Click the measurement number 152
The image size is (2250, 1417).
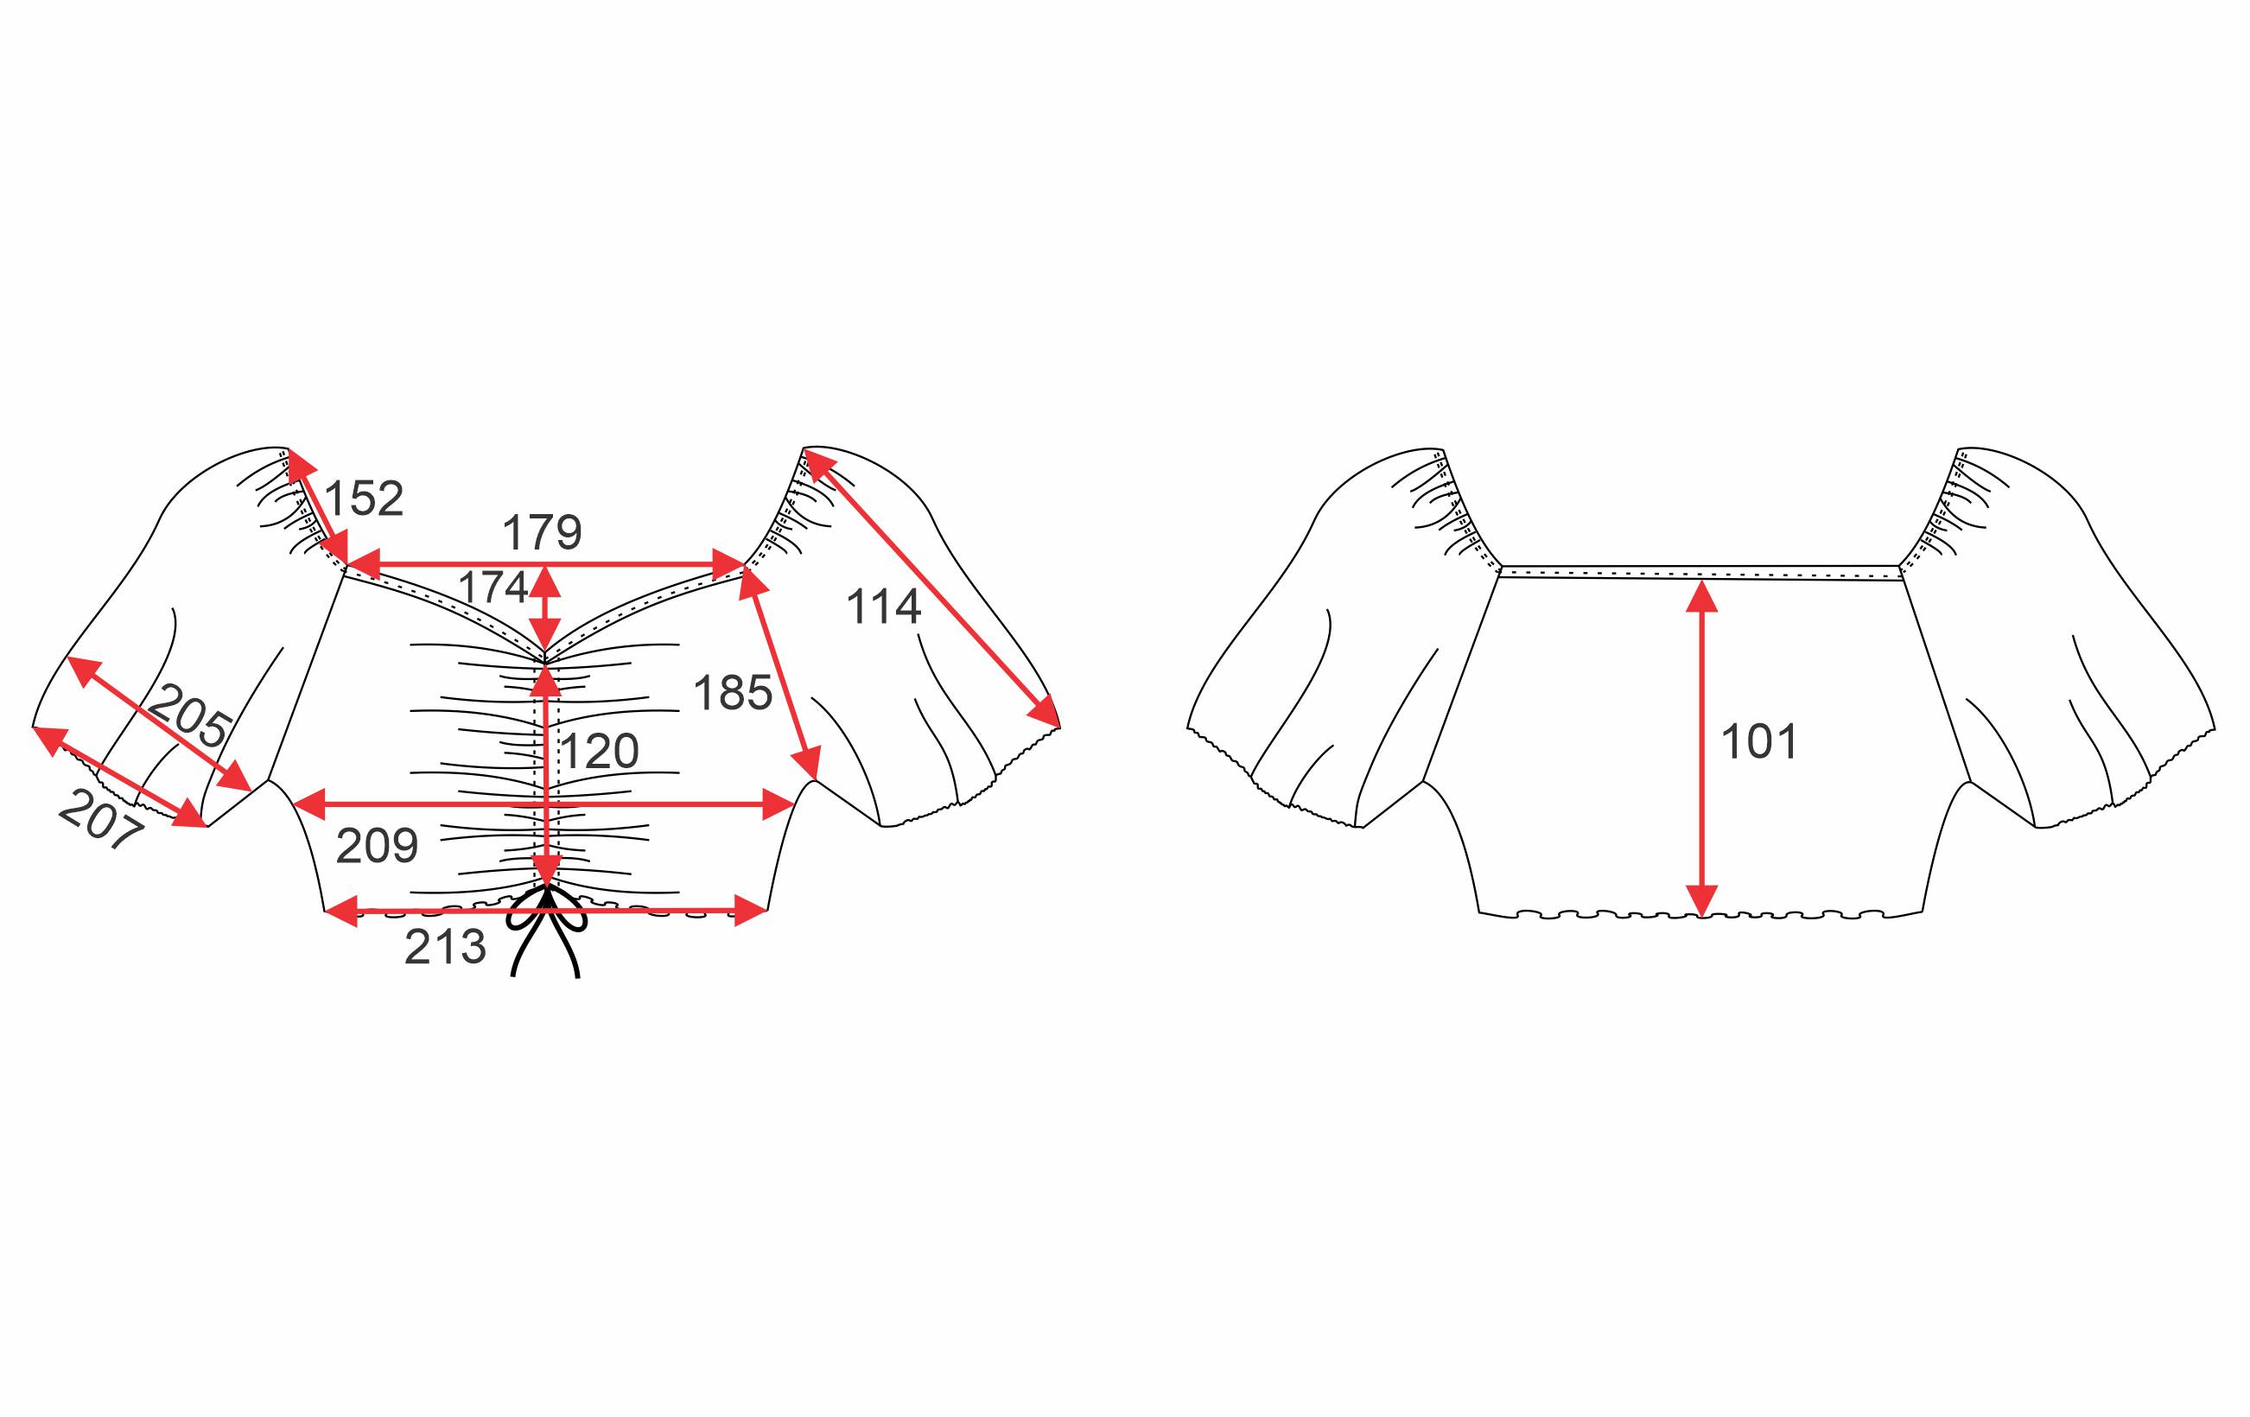point(364,499)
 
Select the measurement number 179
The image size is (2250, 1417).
point(542,533)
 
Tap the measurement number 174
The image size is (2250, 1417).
point(493,588)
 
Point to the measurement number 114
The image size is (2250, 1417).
point(883,607)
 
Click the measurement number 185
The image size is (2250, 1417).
point(733,693)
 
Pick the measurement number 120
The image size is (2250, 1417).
point(599,751)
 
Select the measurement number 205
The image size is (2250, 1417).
point(190,715)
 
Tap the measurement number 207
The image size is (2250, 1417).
point(102,818)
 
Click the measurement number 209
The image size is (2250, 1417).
point(377,846)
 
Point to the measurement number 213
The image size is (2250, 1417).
point(445,948)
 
